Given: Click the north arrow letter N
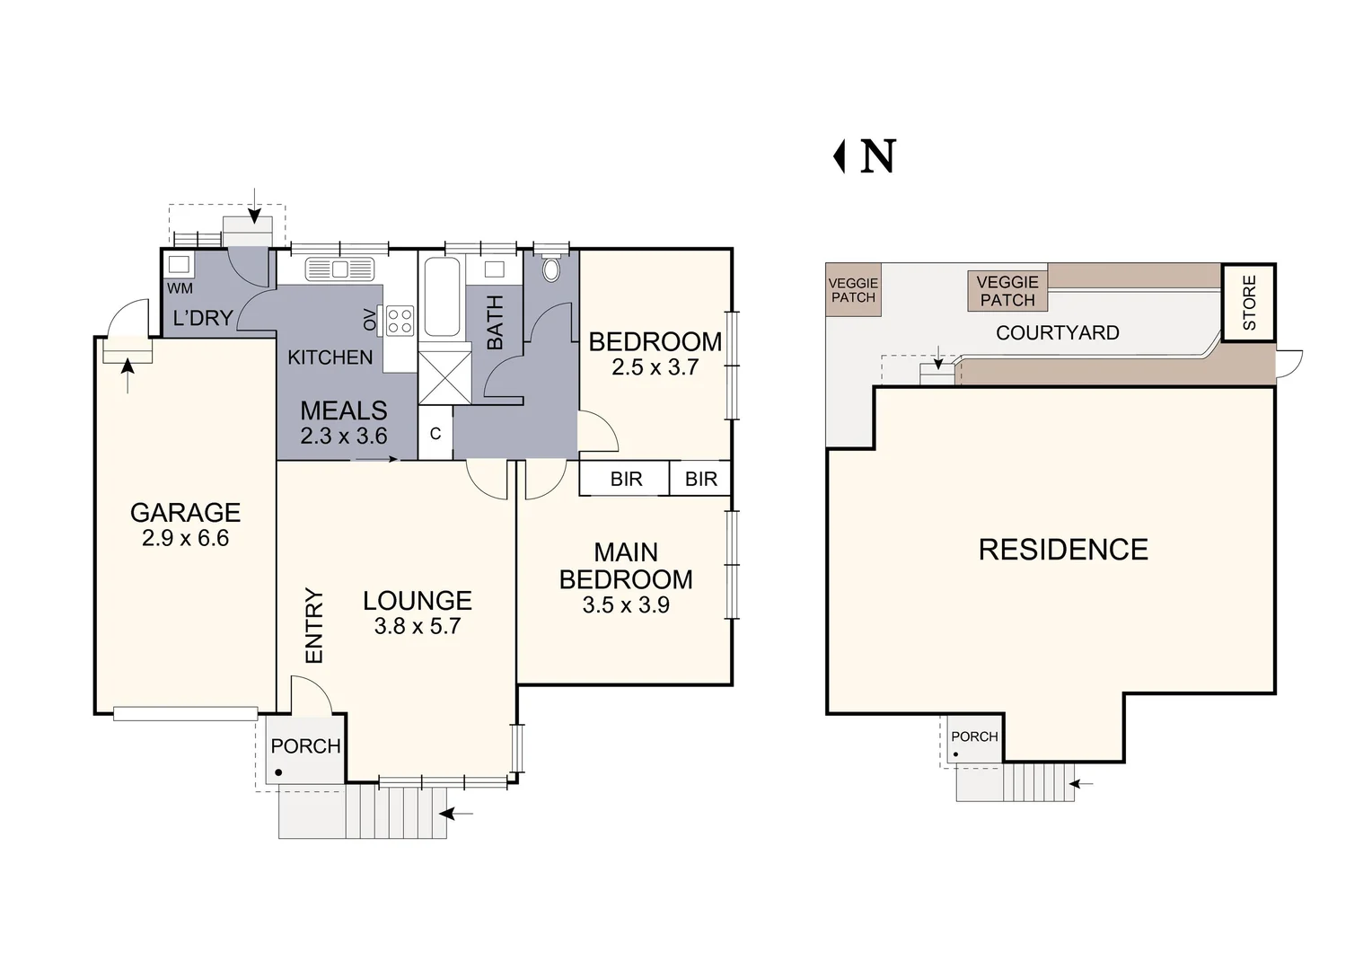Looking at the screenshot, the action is tap(877, 157).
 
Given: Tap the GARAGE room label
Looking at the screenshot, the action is tap(185, 513).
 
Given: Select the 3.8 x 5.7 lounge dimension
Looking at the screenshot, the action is tap(417, 626).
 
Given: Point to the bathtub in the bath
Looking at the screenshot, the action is tap(442, 297).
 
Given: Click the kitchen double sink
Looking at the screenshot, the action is tap(339, 269).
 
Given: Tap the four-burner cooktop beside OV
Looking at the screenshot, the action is tap(400, 321).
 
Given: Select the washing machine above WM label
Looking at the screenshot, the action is tap(179, 265).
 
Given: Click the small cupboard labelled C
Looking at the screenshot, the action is tap(435, 434).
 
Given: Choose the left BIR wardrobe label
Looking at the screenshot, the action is tap(626, 480).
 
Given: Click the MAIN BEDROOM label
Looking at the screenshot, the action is tap(626, 566).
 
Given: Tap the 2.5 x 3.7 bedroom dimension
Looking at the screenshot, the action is tap(655, 367).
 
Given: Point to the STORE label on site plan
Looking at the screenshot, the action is tap(1249, 303).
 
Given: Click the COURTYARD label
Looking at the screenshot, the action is tap(1057, 333).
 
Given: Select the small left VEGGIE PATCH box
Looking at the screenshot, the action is tap(853, 290).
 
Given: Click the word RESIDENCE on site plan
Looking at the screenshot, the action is tap(1063, 550).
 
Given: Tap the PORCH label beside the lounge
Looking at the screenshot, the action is tap(305, 746).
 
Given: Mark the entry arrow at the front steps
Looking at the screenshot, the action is tap(459, 814).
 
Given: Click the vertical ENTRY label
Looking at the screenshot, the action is tap(313, 625).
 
